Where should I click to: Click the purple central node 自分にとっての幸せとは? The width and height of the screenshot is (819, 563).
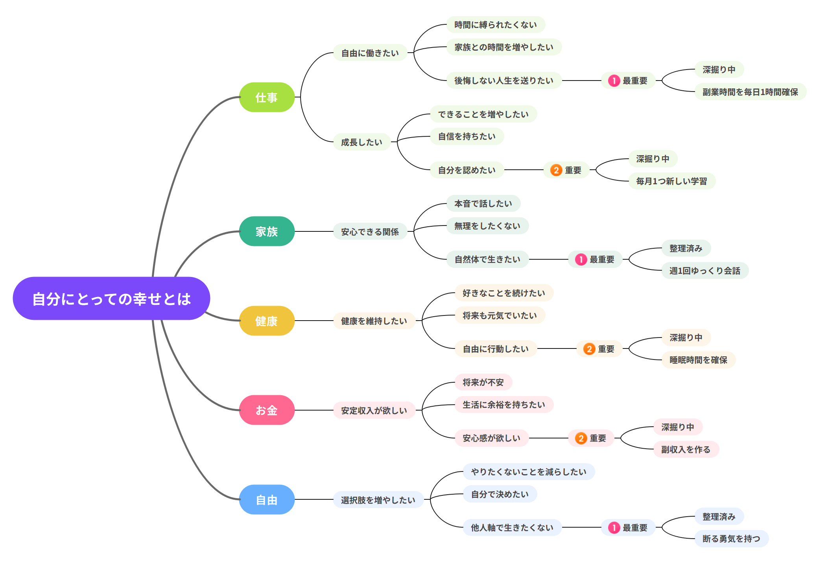111,299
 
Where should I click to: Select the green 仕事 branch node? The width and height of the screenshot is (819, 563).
267,97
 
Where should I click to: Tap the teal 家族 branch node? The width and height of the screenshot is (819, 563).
267,231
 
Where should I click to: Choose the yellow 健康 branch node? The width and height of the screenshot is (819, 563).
267,321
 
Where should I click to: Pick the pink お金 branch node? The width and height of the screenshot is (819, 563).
267,410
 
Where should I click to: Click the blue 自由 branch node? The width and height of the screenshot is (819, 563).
267,500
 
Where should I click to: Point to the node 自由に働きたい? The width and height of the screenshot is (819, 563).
370,53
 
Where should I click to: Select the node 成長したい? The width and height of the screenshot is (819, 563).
362,142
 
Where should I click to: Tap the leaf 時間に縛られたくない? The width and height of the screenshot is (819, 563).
496,25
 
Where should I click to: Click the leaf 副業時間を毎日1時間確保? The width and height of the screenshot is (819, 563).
751,92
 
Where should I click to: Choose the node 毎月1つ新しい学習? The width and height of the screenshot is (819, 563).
672,181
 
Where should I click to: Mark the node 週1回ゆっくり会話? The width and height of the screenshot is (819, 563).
705,271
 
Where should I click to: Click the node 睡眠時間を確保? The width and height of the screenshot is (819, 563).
699,360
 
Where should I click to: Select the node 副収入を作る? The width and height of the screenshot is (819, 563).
686,449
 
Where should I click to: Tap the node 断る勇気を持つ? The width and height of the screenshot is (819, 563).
732,539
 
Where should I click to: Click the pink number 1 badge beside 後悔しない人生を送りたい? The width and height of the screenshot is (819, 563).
614,81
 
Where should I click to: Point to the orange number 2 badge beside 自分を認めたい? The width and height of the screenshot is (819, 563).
556,170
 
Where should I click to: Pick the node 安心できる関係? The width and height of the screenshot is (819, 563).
370,231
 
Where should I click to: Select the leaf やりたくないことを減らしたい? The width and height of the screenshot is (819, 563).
529,471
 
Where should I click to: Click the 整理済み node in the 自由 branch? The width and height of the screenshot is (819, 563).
719,516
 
